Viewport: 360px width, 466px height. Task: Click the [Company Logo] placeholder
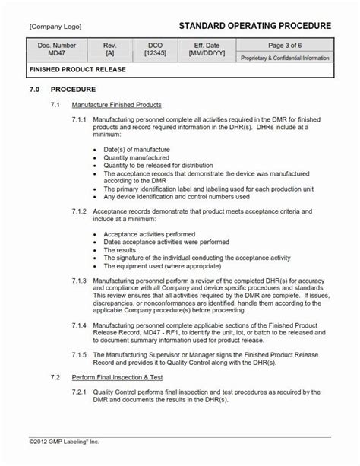[x=57, y=26]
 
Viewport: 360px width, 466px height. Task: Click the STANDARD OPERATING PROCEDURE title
[x=254, y=26]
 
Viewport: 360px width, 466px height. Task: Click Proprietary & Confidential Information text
[x=284, y=58]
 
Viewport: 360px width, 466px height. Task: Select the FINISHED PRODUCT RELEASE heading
[x=77, y=69]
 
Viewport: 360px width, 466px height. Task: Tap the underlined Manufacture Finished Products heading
[x=116, y=103]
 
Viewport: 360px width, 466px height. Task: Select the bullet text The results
[x=120, y=249]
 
